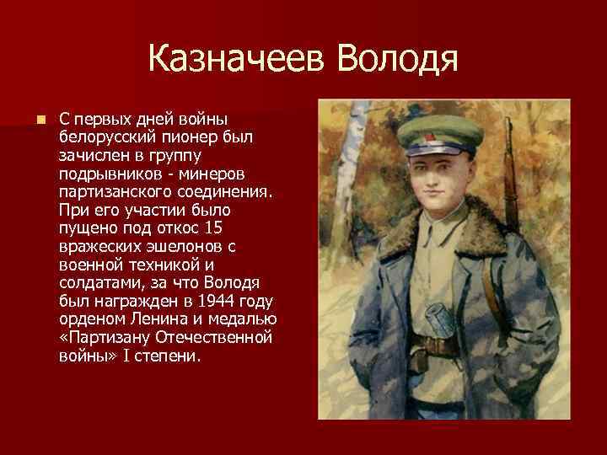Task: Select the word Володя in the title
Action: point(396,60)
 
